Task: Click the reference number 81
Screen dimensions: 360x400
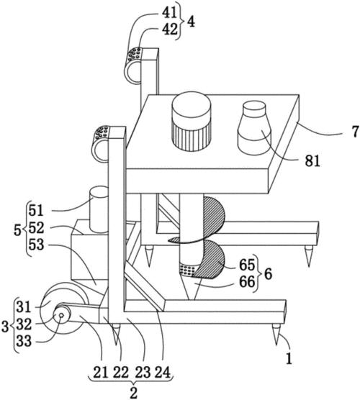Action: pos(312,161)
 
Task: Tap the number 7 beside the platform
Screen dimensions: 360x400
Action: pos(355,132)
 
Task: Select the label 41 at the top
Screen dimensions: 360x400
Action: pos(170,12)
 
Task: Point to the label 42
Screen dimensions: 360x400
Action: pos(170,29)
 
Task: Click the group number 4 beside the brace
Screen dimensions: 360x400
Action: pos(191,22)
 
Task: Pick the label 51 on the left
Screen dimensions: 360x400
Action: pos(36,211)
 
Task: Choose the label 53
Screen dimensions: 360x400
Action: pos(36,245)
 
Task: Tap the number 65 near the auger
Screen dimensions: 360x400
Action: pos(247,265)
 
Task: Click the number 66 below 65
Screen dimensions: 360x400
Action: pos(247,281)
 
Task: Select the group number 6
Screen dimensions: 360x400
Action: pos(268,274)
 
